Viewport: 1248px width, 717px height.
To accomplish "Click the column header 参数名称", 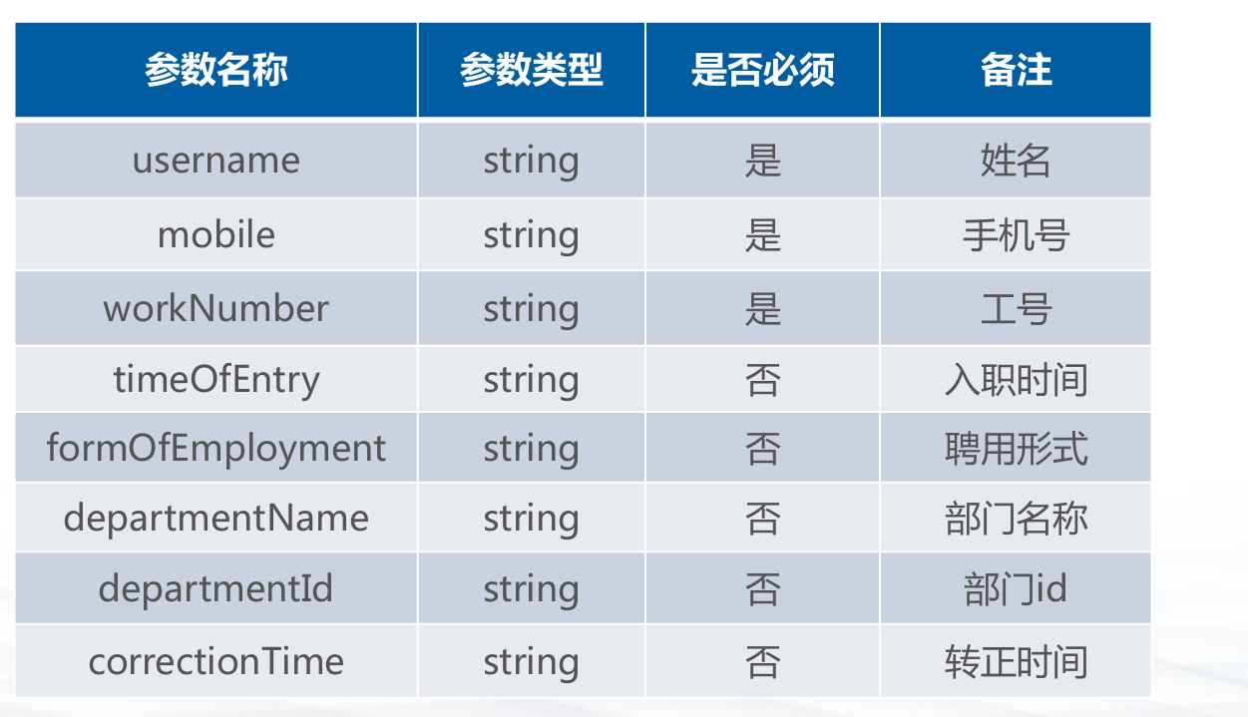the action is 216,70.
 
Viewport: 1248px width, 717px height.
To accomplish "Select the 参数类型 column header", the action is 531,70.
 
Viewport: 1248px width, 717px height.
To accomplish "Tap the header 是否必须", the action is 763,70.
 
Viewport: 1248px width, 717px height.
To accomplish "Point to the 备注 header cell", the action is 1017,70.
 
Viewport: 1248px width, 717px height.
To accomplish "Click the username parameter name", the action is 216,161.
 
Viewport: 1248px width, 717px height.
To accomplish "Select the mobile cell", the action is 216,234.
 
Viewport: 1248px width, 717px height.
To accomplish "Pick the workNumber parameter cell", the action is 216,308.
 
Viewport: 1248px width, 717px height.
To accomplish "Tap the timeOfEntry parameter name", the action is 216,379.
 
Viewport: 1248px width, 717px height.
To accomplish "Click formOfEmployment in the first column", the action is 216,448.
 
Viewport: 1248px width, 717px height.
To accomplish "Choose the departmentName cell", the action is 216,519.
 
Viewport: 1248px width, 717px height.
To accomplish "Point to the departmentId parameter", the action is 216,588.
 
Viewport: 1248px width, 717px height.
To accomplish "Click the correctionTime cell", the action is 216,662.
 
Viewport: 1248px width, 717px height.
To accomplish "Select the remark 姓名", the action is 1016,161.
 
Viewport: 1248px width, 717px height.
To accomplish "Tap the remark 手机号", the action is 1017,235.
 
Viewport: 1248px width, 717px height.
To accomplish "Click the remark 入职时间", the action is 1017,380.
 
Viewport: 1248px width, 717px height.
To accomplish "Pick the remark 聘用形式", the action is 1017,449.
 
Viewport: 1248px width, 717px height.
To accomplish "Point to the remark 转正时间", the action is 1017,662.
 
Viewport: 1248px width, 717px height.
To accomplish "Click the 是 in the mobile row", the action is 763,235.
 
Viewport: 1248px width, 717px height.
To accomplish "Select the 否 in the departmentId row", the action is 763,589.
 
